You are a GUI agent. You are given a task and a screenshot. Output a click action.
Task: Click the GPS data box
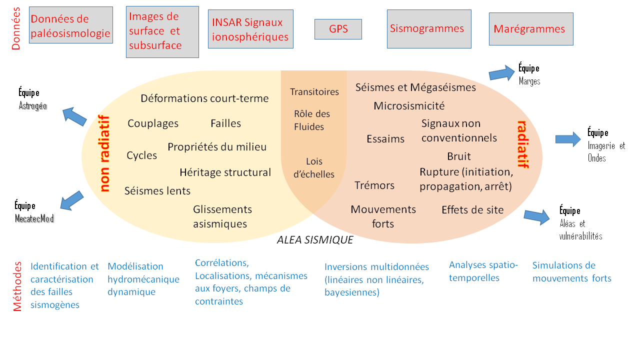click(x=338, y=29)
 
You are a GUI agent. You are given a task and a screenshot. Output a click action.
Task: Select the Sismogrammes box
click(x=429, y=29)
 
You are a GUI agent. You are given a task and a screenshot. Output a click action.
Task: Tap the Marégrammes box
click(x=530, y=29)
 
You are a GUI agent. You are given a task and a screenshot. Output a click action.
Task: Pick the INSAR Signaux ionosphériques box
click(x=250, y=29)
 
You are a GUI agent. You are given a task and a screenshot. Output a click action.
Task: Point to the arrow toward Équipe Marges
click(x=501, y=73)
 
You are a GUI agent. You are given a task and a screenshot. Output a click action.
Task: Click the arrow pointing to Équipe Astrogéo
click(x=74, y=116)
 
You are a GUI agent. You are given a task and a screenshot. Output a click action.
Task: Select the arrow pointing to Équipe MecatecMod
click(x=72, y=200)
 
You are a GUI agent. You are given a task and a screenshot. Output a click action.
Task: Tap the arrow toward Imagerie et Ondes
click(x=569, y=139)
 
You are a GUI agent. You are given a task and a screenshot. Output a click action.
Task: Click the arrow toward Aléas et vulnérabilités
click(x=536, y=217)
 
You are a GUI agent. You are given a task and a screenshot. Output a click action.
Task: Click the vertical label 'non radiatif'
click(x=104, y=154)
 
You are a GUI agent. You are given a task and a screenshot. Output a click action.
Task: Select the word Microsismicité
click(x=409, y=106)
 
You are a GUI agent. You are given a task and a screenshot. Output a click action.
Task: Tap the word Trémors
click(x=374, y=185)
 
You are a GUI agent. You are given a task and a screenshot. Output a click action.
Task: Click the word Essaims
click(x=385, y=139)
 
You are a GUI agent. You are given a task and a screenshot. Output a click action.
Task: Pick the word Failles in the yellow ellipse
click(x=225, y=123)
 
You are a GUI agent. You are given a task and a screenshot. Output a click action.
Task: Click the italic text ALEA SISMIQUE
click(x=315, y=240)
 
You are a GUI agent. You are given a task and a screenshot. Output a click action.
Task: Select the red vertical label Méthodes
click(x=17, y=286)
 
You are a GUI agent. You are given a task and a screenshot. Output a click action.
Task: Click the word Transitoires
click(x=314, y=92)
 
